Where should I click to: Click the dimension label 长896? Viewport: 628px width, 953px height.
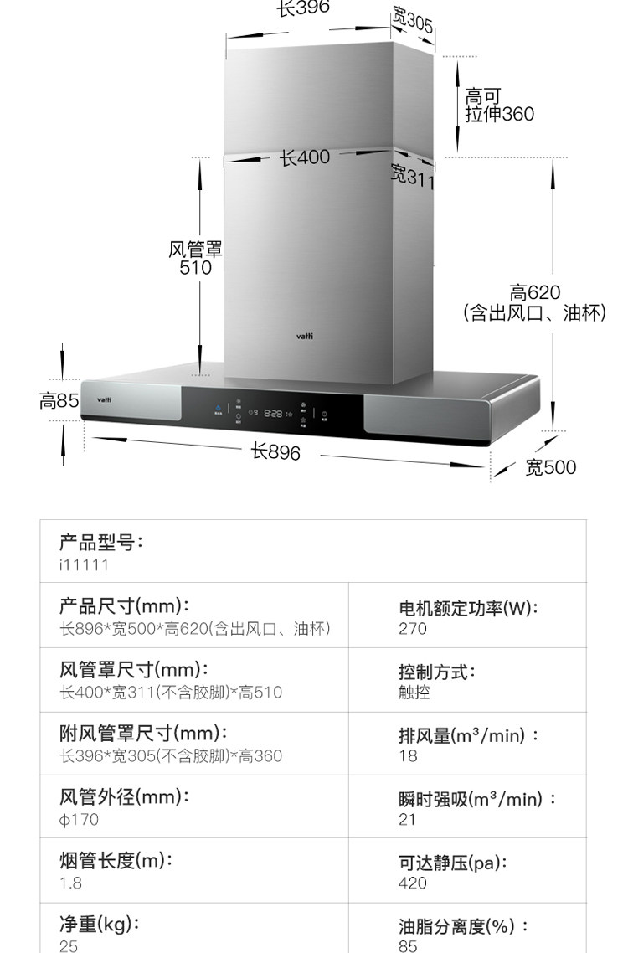click(275, 451)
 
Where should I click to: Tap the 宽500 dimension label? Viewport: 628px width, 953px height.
click(550, 467)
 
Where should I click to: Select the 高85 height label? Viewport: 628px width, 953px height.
click(59, 401)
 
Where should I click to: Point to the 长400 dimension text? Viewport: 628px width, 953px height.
click(304, 157)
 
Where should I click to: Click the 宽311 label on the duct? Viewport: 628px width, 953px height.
click(413, 177)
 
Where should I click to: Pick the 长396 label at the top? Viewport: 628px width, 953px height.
click(303, 8)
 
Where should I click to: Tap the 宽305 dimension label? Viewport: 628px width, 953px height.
click(412, 22)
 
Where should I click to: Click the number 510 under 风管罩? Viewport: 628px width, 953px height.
click(196, 268)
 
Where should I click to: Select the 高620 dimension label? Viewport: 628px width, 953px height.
click(534, 293)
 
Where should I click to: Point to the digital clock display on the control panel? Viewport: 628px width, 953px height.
click(273, 413)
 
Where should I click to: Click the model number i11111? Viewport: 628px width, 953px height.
click(84, 565)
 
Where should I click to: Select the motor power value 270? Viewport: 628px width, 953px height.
click(412, 629)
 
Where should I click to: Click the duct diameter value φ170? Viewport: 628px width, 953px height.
click(79, 819)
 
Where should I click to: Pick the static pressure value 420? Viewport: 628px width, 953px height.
click(412, 883)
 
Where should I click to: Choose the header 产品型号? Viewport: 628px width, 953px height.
click(100, 543)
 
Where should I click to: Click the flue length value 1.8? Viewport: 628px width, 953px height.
click(70, 883)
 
